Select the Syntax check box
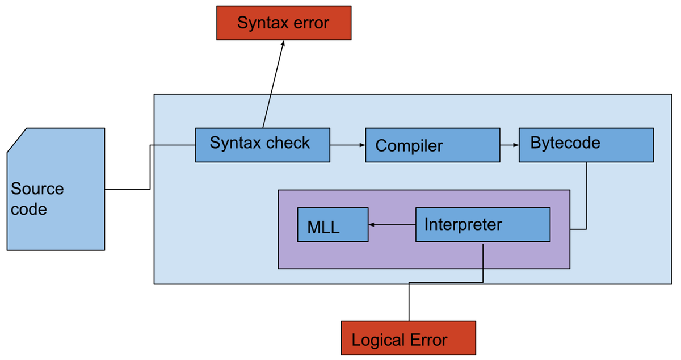pyautogui.click(x=262, y=145)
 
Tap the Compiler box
pyautogui.click(x=432, y=145)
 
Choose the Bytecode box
pyautogui.click(x=586, y=145)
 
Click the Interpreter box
pyautogui.click(x=482, y=225)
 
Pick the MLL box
pyautogui.click(x=333, y=225)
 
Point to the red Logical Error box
pyautogui.click(x=407, y=338)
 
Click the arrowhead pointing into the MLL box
pyautogui.click(x=371, y=225)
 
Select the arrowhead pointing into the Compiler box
pyautogui.click(x=361, y=145)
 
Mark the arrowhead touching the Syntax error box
pyautogui.click(x=282, y=44)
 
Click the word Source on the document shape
pyautogui.click(x=37, y=189)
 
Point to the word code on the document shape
pyautogui.click(x=28, y=209)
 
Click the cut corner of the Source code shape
pyautogui.click(x=16, y=140)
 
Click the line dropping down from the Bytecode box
pyautogui.click(x=586, y=196)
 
